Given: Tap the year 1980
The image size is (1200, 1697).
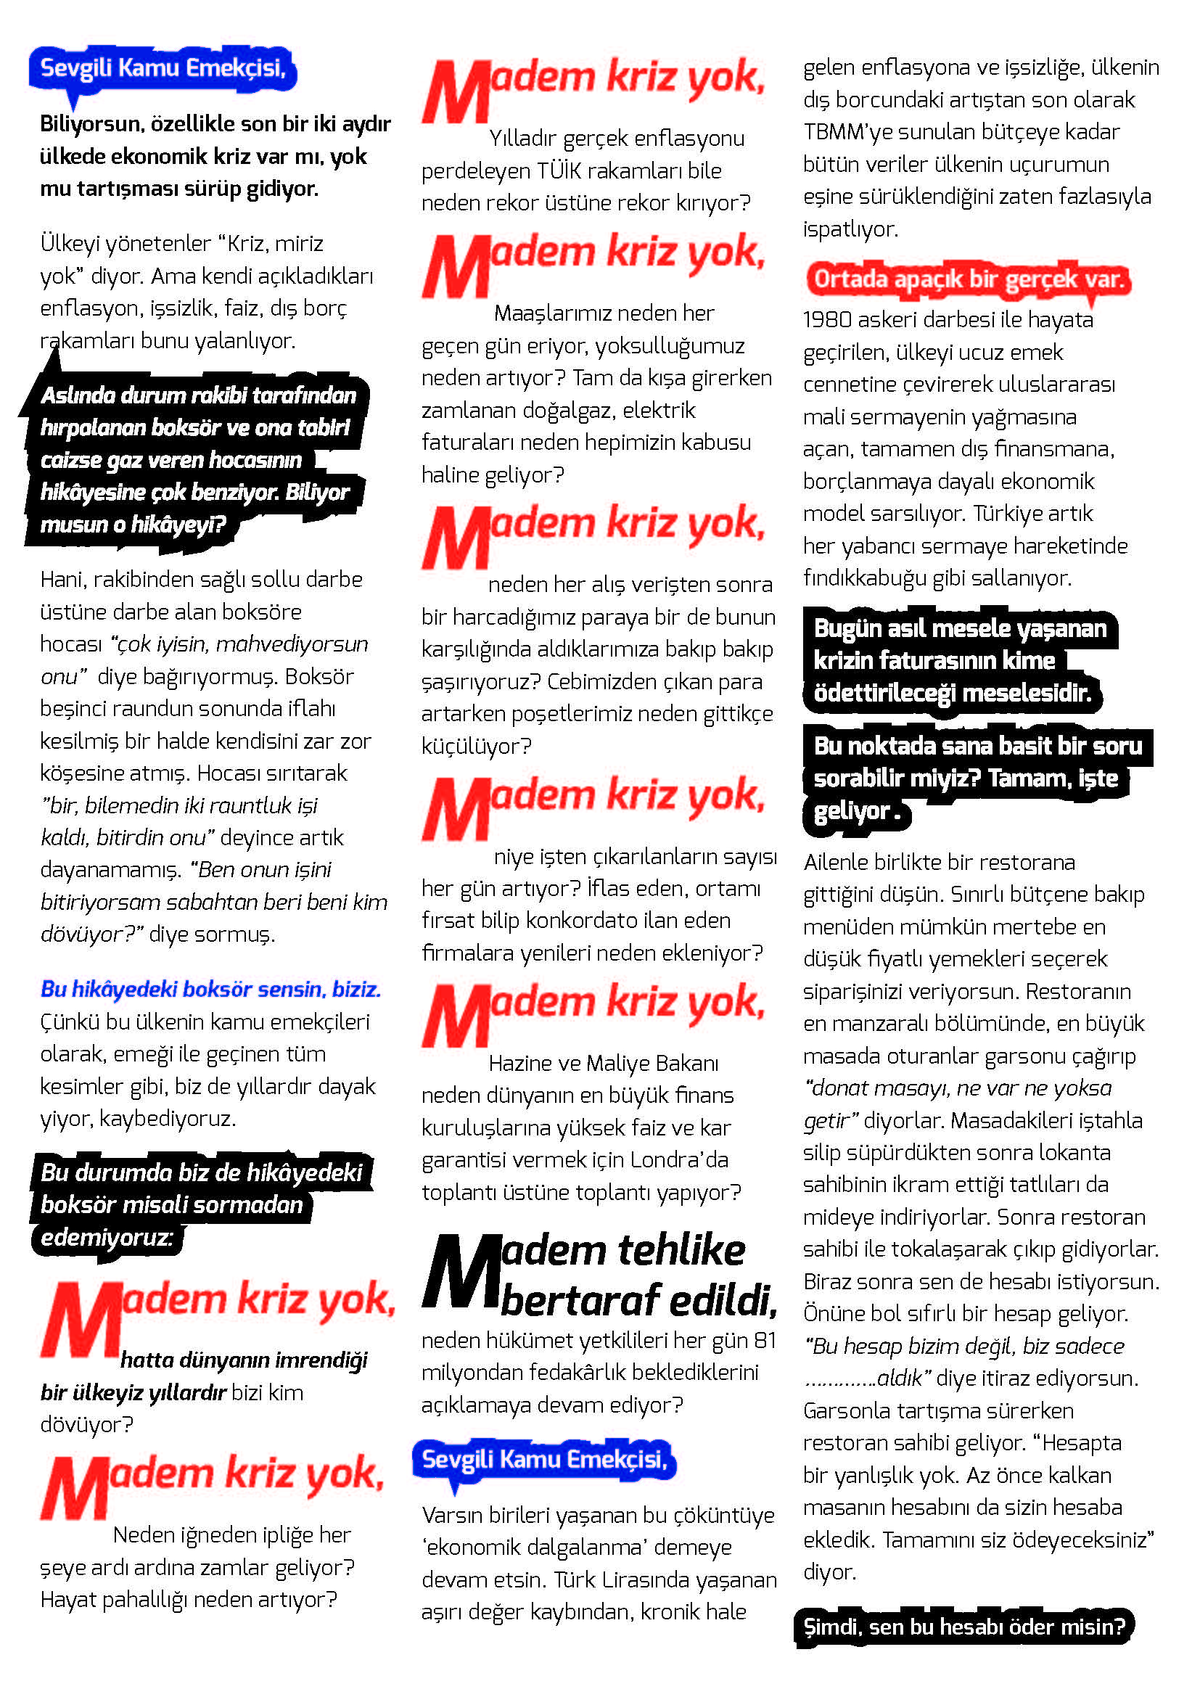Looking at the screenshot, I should pos(829,320).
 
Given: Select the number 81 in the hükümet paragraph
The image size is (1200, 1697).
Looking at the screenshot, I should pos(765,1340).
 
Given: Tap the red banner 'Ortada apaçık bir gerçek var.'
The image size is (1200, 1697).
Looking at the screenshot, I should pos(968,279).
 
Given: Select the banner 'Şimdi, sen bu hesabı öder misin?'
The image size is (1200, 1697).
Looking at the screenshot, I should pos(963,1627).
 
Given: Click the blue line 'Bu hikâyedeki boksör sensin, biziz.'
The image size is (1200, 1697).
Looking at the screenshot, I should pos(210,989).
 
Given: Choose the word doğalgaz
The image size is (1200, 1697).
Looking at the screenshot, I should pos(654,410).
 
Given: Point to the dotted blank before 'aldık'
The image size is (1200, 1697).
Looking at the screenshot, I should pos(839,1378).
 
